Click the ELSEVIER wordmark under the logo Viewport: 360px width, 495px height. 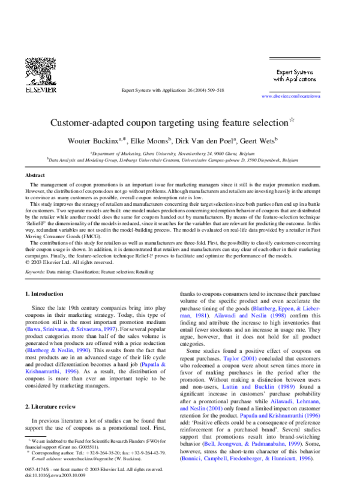(40, 91)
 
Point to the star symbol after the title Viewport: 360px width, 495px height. (292, 119)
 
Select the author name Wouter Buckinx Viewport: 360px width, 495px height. (98, 141)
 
